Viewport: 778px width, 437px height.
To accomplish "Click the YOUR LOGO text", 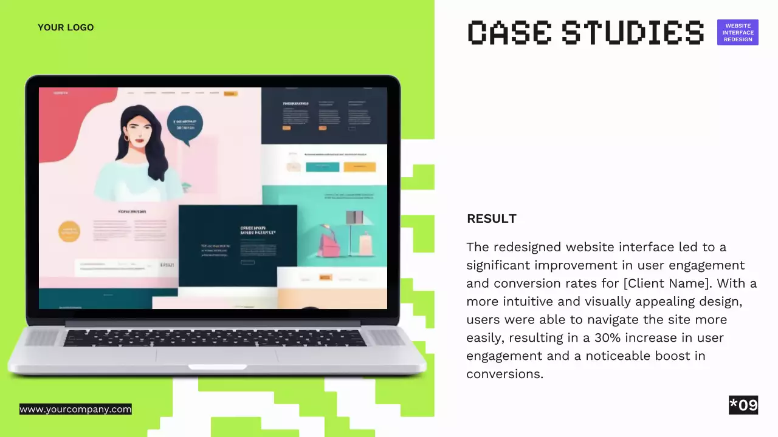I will [66, 27].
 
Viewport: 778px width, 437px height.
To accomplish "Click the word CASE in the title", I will [509, 32].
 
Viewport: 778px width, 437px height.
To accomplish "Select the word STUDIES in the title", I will [633, 32].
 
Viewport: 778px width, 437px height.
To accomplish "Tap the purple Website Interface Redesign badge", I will [737, 33].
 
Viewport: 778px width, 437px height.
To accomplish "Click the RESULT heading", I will [491, 218].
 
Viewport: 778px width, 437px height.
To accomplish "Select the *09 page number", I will [743, 405].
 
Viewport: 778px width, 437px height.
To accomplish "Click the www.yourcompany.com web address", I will [75, 409].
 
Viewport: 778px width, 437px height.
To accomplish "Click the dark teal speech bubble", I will [185, 124].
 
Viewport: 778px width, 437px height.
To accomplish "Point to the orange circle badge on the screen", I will [69, 231].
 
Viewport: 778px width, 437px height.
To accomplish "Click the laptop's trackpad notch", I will [217, 367].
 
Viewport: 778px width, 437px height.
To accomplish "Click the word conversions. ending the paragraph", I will [504, 374].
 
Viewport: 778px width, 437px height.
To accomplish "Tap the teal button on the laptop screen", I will [322, 167].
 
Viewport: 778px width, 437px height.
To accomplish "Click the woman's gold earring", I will [126, 138].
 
